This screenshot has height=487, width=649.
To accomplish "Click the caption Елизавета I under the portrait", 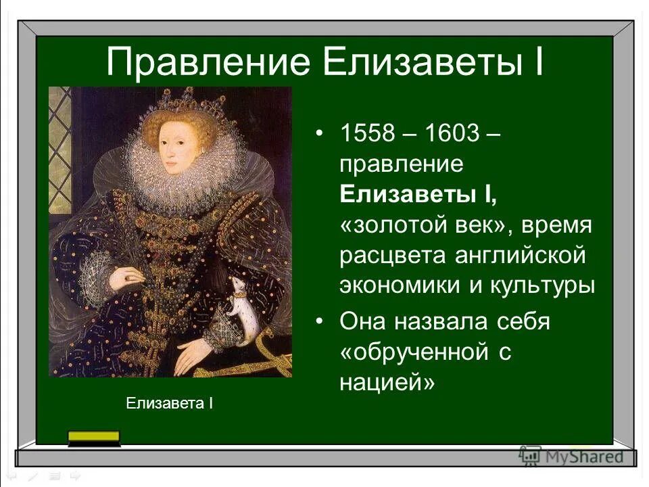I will pyautogui.click(x=170, y=404).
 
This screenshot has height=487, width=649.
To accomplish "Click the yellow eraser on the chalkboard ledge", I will pyautogui.click(x=94, y=438).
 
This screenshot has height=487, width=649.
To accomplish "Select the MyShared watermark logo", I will pyautogui.click(x=572, y=455).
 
